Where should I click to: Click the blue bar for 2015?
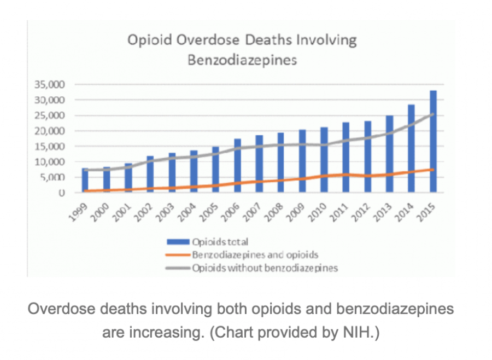click(433, 141)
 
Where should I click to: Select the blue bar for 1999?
click(85, 180)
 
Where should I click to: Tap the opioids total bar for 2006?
click(238, 166)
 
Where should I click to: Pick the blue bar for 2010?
click(324, 160)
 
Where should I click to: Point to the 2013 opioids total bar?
click(389, 154)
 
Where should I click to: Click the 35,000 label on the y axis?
click(50, 84)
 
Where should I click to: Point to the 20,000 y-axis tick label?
click(50, 131)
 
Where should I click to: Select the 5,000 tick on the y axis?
click(52, 177)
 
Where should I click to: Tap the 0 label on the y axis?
click(62, 193)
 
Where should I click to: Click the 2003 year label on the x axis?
click(165, 213)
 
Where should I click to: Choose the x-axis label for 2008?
click(274, 213)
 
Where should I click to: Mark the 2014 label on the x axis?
click(405, 213)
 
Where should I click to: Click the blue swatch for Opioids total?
click(178, 242)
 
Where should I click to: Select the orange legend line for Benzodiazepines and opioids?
click(178, 255)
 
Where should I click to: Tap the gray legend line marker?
click(178, 268)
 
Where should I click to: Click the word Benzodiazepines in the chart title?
click(242, 60)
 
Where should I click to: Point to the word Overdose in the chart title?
click(208, 40)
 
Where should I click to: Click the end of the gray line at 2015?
click(433, 114)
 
